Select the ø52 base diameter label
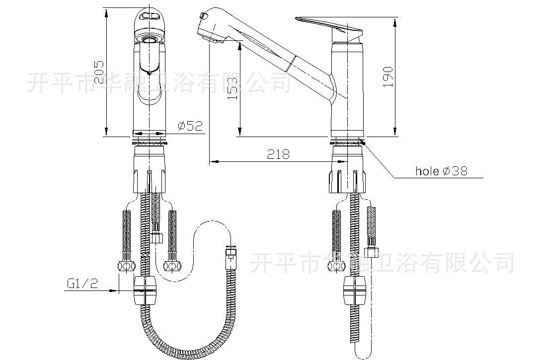(190, 126)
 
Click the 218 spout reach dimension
(279, 154)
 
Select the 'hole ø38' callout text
(441, 171)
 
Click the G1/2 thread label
(82, 284)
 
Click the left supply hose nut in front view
(126, 266)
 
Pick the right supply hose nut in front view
(172, 266)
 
